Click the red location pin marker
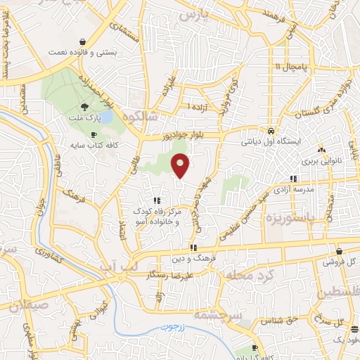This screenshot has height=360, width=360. [x=181, y=167]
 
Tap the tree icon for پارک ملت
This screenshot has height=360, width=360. [x=84, y=106]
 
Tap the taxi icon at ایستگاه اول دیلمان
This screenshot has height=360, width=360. [x=271, y=131]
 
